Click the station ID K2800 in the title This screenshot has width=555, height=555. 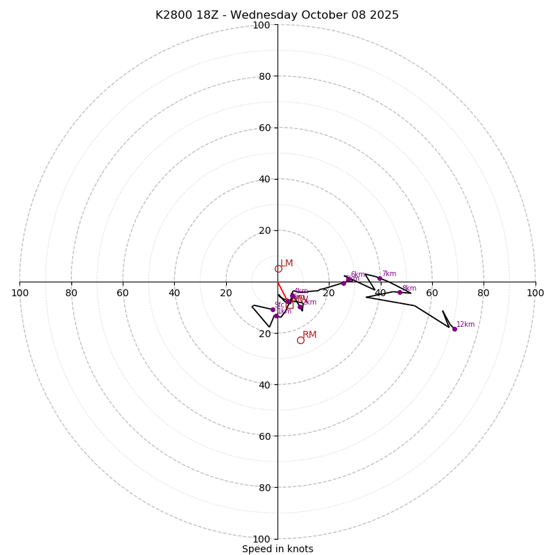click(176, 15)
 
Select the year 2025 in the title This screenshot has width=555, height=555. click(385, 15)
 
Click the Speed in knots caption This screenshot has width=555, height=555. click(277, 549)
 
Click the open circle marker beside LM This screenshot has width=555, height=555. click(278, 269)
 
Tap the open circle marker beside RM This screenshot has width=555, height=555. click(300, 340)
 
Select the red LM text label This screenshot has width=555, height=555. click(287, 264)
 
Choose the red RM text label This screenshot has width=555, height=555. click(309, 335)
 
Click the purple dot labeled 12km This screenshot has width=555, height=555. click(454, 329)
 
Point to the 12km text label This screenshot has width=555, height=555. click(466, 324)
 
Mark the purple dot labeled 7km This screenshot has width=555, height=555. click(379, 278)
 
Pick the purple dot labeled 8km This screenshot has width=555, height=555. click(400, 292)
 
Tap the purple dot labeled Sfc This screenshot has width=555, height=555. click(273, 309)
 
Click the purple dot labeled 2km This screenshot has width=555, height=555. click(300, 307)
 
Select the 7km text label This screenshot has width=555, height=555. click(388, 273)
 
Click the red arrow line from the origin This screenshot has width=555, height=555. click(283, 292)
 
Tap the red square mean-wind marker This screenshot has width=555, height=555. click(289, 305)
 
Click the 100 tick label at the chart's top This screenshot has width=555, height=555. click(262, 25)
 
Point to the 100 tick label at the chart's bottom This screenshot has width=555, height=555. click(262, 539)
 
